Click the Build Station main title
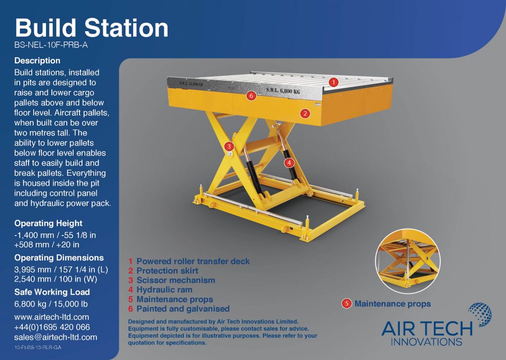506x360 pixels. click(x=91, y=28)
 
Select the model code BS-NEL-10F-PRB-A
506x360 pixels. click(x=51, y=45)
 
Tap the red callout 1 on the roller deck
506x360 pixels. click(x=334, y=82)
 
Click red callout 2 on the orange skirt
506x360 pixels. click(x=305, y=113)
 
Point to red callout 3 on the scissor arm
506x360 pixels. click(x=229, y=147)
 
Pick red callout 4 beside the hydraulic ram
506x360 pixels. click(x=289, y=163)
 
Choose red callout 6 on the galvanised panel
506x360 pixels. click(x=251, y=95)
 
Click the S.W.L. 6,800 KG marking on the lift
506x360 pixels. click(x=283, y=91)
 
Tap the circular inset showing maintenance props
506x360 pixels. click(x=408, y=261)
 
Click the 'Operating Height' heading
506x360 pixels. click(x=48, y=223)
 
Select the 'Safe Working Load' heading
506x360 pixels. click(x=52, y=292)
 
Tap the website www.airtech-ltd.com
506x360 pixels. click(x=51, y=317)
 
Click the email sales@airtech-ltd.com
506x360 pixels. click(x=55, y=337)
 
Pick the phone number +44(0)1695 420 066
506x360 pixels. click(x=52, y=327)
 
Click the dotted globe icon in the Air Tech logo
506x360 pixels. click(x=480, y=315)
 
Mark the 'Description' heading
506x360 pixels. click(x=37, y=61)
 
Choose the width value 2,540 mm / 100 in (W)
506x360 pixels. click(x=55, y=279)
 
